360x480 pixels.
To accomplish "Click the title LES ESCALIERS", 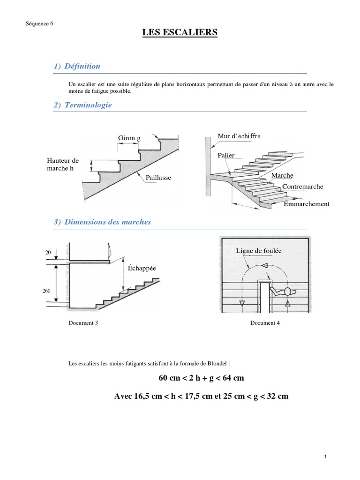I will click(180, 32).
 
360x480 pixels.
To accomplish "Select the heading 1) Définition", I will click(77, 66).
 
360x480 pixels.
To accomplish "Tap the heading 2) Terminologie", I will click(82, 105).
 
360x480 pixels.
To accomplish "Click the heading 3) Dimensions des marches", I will click(102, 222).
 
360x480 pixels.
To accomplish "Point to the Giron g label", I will click(129, 138).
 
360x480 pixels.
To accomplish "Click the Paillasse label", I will click(158, 178).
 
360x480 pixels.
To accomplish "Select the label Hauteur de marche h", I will click(63, 165).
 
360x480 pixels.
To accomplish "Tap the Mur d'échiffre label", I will click(239, 136).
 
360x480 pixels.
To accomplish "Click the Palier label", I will click(226, 155).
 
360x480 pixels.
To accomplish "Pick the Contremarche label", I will click(302, 187).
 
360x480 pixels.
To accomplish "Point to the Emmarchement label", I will click(307, 204).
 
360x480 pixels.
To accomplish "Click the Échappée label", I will click(142, 268).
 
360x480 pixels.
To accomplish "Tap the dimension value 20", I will click(48, 252).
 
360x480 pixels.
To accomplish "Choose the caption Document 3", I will click(83, 323).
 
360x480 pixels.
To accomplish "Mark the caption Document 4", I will click(265, 323).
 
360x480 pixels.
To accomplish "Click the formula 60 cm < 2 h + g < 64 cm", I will click(201, 378).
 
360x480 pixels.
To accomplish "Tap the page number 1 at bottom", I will click(324, 457).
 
